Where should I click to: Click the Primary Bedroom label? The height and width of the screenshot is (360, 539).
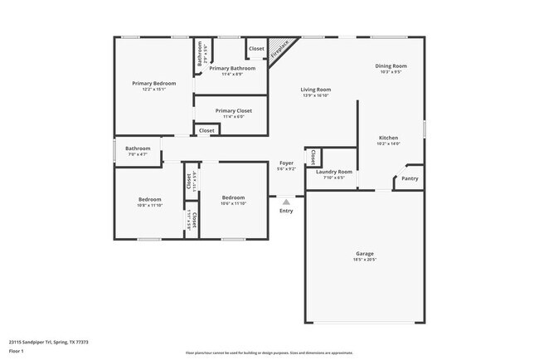(153, 84)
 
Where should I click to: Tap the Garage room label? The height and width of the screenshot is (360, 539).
(365, 254)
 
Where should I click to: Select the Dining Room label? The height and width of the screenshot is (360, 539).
(390, 66)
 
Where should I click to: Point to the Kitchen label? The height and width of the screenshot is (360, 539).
(388, 138)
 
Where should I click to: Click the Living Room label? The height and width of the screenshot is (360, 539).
(316, 90)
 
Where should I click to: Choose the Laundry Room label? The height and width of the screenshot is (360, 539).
(334, 172)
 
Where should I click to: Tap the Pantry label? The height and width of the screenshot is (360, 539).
(410, 178)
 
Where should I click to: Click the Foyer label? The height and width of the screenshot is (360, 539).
(285, 163)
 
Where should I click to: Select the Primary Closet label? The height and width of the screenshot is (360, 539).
(233, 110)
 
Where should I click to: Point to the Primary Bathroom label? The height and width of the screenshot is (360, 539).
(231, 68)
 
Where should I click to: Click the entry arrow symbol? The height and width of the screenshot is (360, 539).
(286, 201)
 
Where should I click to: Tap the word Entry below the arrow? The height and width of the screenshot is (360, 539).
(286, 211)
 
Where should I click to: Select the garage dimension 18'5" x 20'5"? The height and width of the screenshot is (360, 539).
(365, 260)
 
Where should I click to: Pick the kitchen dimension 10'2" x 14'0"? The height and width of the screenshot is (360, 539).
(388, 144)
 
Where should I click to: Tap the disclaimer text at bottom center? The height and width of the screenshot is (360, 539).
(269, 353)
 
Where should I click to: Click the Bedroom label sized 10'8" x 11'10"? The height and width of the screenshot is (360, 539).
(149, 198)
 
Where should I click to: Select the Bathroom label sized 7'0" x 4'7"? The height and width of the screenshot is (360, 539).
(138, 148)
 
